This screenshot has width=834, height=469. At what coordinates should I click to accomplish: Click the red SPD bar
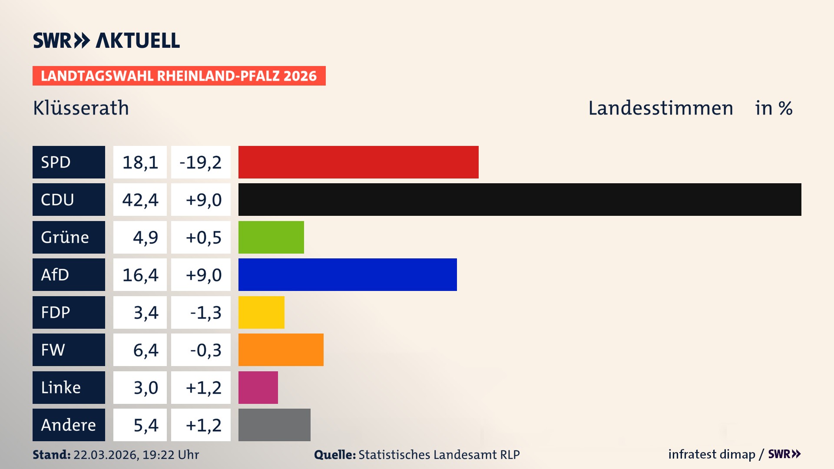[358, 162]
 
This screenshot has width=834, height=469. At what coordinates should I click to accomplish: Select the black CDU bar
[520, 200]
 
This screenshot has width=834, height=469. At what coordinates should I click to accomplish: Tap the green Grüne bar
[271, 237]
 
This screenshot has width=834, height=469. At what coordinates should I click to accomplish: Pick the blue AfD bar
[347, 275]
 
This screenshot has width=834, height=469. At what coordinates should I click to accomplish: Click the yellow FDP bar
[261, 312]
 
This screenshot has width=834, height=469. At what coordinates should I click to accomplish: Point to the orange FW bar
[281, 350]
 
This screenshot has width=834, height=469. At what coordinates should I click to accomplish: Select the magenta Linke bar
[258, 387]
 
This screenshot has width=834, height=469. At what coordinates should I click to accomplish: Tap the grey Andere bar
[274, 425]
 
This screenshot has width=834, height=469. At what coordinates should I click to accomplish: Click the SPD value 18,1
[140, 162]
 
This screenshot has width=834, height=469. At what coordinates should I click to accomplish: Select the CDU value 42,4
[140, 200]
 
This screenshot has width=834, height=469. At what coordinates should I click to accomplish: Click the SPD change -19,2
[201, 162]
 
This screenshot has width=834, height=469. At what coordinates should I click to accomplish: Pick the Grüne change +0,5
[203, 238]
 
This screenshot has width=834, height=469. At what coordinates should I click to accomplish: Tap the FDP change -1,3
[205, 313]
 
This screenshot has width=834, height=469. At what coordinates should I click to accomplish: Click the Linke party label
[61, 387]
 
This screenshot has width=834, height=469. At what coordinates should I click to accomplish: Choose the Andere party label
[68, 425]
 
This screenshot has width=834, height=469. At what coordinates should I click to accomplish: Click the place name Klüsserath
[81, 108]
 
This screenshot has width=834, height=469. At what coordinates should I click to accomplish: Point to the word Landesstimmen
[660, 108]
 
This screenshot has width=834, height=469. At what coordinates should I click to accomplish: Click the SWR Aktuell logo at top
[106, 40]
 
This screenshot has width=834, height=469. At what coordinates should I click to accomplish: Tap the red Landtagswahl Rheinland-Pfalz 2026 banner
[179, 76]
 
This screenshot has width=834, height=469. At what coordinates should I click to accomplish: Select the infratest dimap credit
[712, 454]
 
